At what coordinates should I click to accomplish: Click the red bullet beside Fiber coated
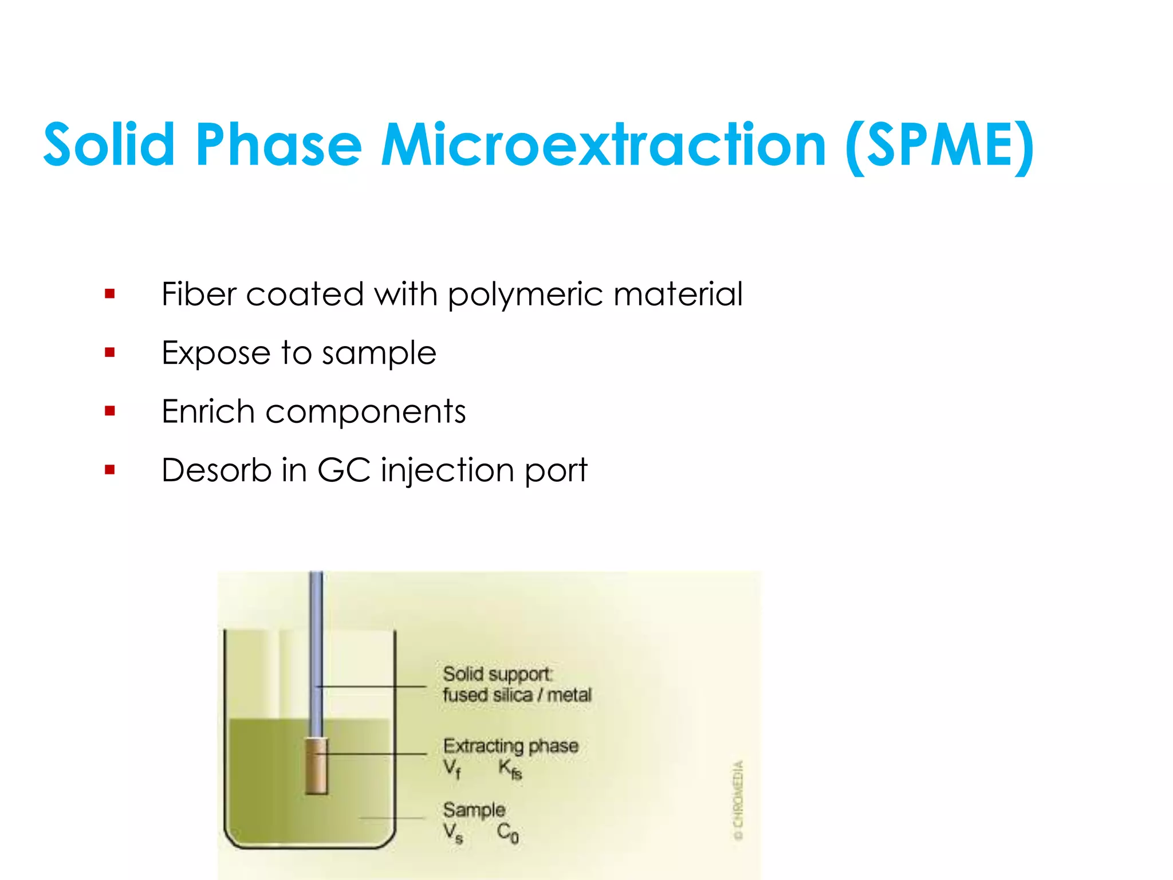[110, 294]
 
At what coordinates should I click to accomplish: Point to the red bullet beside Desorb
[110, 470]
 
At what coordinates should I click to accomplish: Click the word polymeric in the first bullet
[525, 296]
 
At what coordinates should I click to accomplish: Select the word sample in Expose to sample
[379, 353]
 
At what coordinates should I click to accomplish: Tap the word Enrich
[208, 411]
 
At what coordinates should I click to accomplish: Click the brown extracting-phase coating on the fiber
[316, 766]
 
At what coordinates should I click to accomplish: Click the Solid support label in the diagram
[497, 674]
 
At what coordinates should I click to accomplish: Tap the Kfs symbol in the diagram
[510, 769]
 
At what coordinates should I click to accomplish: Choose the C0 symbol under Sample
[507, 832]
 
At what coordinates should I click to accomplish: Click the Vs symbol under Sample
[452, 832]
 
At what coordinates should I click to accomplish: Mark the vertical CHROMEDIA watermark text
[739, 800]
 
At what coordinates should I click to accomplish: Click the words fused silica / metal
[517, 696]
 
